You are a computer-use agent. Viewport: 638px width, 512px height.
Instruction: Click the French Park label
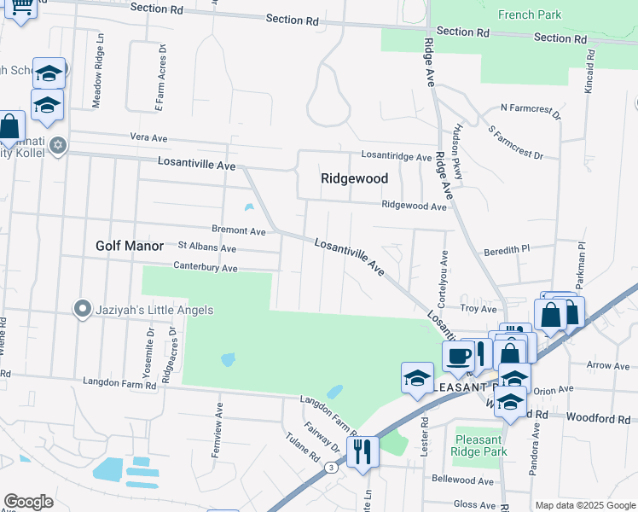529,15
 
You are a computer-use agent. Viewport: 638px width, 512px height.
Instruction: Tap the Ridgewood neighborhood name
354,178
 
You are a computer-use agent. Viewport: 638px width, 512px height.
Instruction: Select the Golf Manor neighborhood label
129,246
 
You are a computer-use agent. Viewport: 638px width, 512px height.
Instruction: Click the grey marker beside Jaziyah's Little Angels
82,309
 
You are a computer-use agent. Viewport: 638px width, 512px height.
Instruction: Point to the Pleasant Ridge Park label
478,445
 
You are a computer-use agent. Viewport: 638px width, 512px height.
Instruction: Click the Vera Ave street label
148,137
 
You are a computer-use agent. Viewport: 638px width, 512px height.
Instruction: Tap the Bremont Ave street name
239,230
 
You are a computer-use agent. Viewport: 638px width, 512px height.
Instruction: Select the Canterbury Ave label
205,267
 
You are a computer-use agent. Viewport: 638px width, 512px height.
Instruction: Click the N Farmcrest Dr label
530,109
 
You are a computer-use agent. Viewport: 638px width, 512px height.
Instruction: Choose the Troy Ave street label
473,308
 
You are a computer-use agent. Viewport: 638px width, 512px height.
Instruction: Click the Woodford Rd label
607,418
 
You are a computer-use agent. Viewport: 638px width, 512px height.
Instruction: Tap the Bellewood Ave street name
463,480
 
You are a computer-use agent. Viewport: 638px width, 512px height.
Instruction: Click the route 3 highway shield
329,467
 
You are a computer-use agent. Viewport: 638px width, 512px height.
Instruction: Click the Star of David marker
57,143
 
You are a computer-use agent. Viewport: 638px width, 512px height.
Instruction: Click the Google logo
27,501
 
